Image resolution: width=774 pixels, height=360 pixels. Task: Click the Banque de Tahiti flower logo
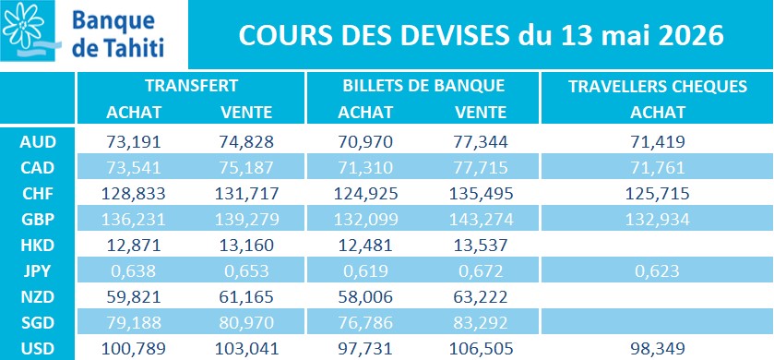pos(26,28)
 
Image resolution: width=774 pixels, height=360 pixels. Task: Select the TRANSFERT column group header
pos(191,86)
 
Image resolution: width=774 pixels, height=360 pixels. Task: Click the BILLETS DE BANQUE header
pos(423,86)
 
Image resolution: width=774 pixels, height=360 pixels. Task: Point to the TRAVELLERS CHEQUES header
pos(658,86)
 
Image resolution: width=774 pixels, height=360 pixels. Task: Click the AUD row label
pos(38,142)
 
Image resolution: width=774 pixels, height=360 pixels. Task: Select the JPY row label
pos(38,271)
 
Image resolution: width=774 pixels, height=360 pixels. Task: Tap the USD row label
pos(38,349)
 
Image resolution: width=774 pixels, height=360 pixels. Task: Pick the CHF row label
pos(38,194)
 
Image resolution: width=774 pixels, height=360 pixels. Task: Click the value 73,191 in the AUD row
pos(134,142)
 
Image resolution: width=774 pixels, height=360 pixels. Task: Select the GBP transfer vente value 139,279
pos(246,220)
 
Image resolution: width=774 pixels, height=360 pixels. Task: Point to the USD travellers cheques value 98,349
pos(658,349)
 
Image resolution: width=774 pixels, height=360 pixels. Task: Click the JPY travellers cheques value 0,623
pos(658,271)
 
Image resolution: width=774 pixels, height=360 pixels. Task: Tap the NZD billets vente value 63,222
pos(481,297)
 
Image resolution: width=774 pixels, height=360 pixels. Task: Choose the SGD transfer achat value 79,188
pos(134,323)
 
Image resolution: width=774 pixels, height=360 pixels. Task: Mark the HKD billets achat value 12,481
pos(365,246)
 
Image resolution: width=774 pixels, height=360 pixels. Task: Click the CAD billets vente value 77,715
pos(481,168)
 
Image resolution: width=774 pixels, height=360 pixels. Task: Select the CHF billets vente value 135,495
pos(481,194)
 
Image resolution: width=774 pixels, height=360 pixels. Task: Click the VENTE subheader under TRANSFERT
pos(246,112)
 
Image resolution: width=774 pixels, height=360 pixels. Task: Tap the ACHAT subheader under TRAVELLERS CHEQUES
pos(658,112)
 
